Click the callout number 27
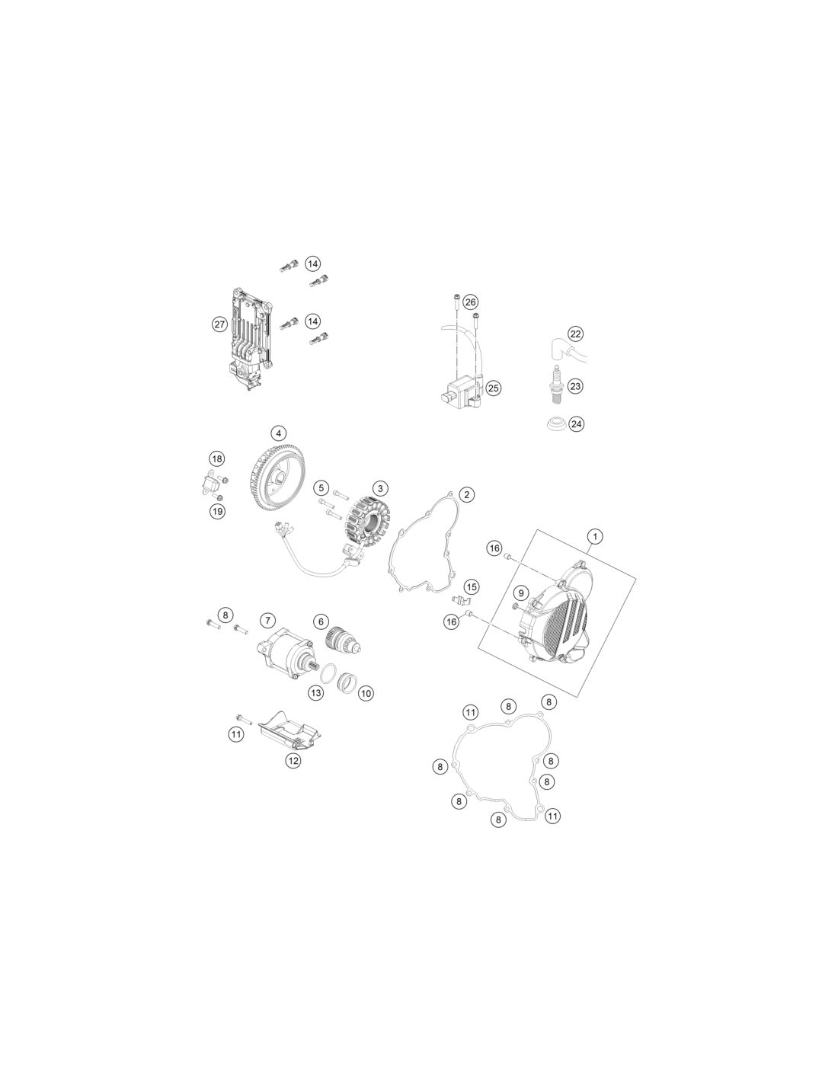click(219, 324)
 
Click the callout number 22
click(576, 334)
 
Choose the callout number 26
click(470, 302)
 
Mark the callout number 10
click(366, 693)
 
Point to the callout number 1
click(595, 537)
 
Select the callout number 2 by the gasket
click(466, 495)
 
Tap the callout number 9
click(521, 593)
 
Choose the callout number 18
click(216, 458)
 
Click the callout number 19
click(217, 511)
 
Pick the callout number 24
click(576, 424)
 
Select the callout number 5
click(321, 488)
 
